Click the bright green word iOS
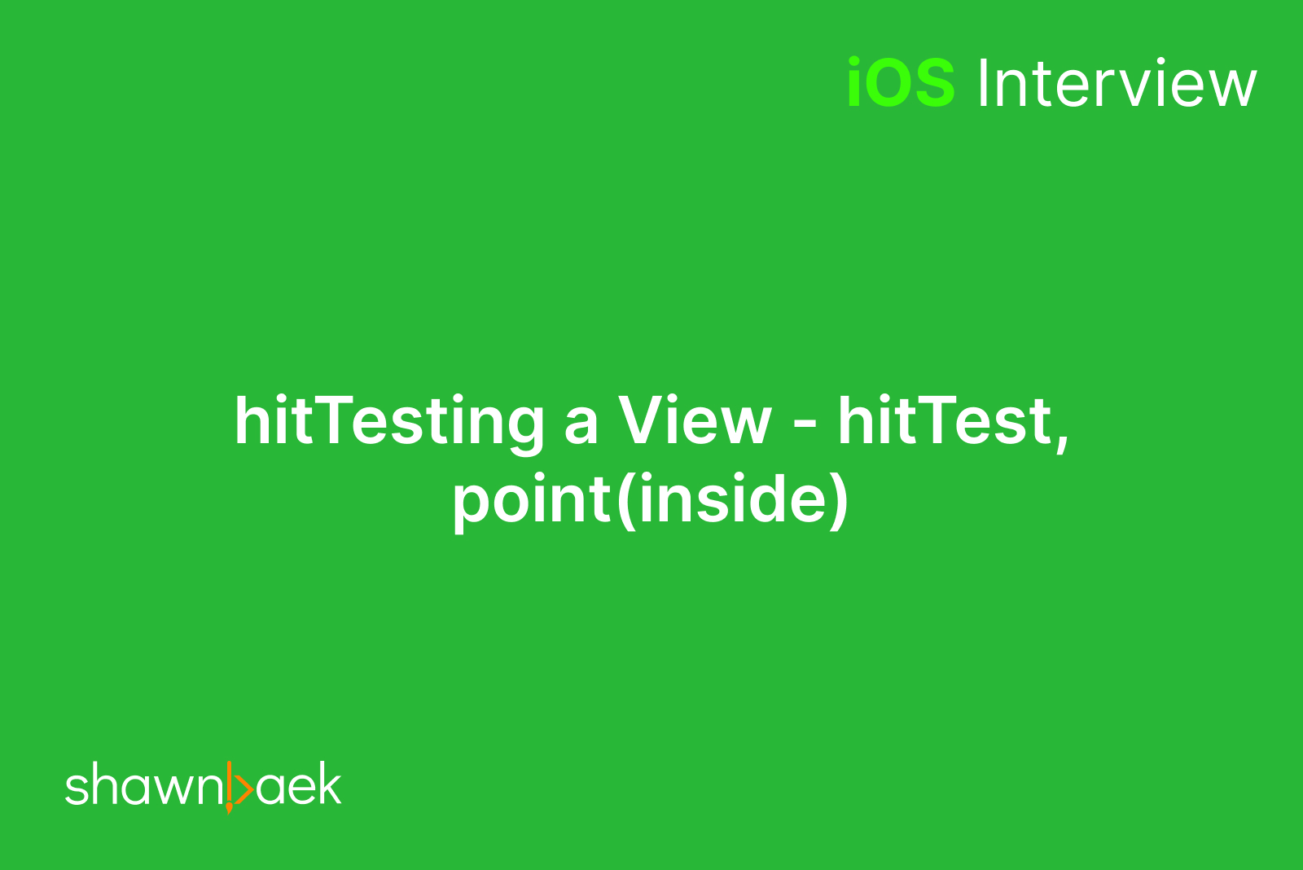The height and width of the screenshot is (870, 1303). tap(901, 82)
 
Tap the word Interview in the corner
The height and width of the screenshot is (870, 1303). tap(1117, 82)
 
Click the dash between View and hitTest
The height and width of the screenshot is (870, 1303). tap(805, 424)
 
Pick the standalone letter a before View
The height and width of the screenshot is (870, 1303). tap(581, 425)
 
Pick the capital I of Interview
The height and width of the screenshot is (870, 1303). tap(984, 82)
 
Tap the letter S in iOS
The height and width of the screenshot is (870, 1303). tap(933, 82)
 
